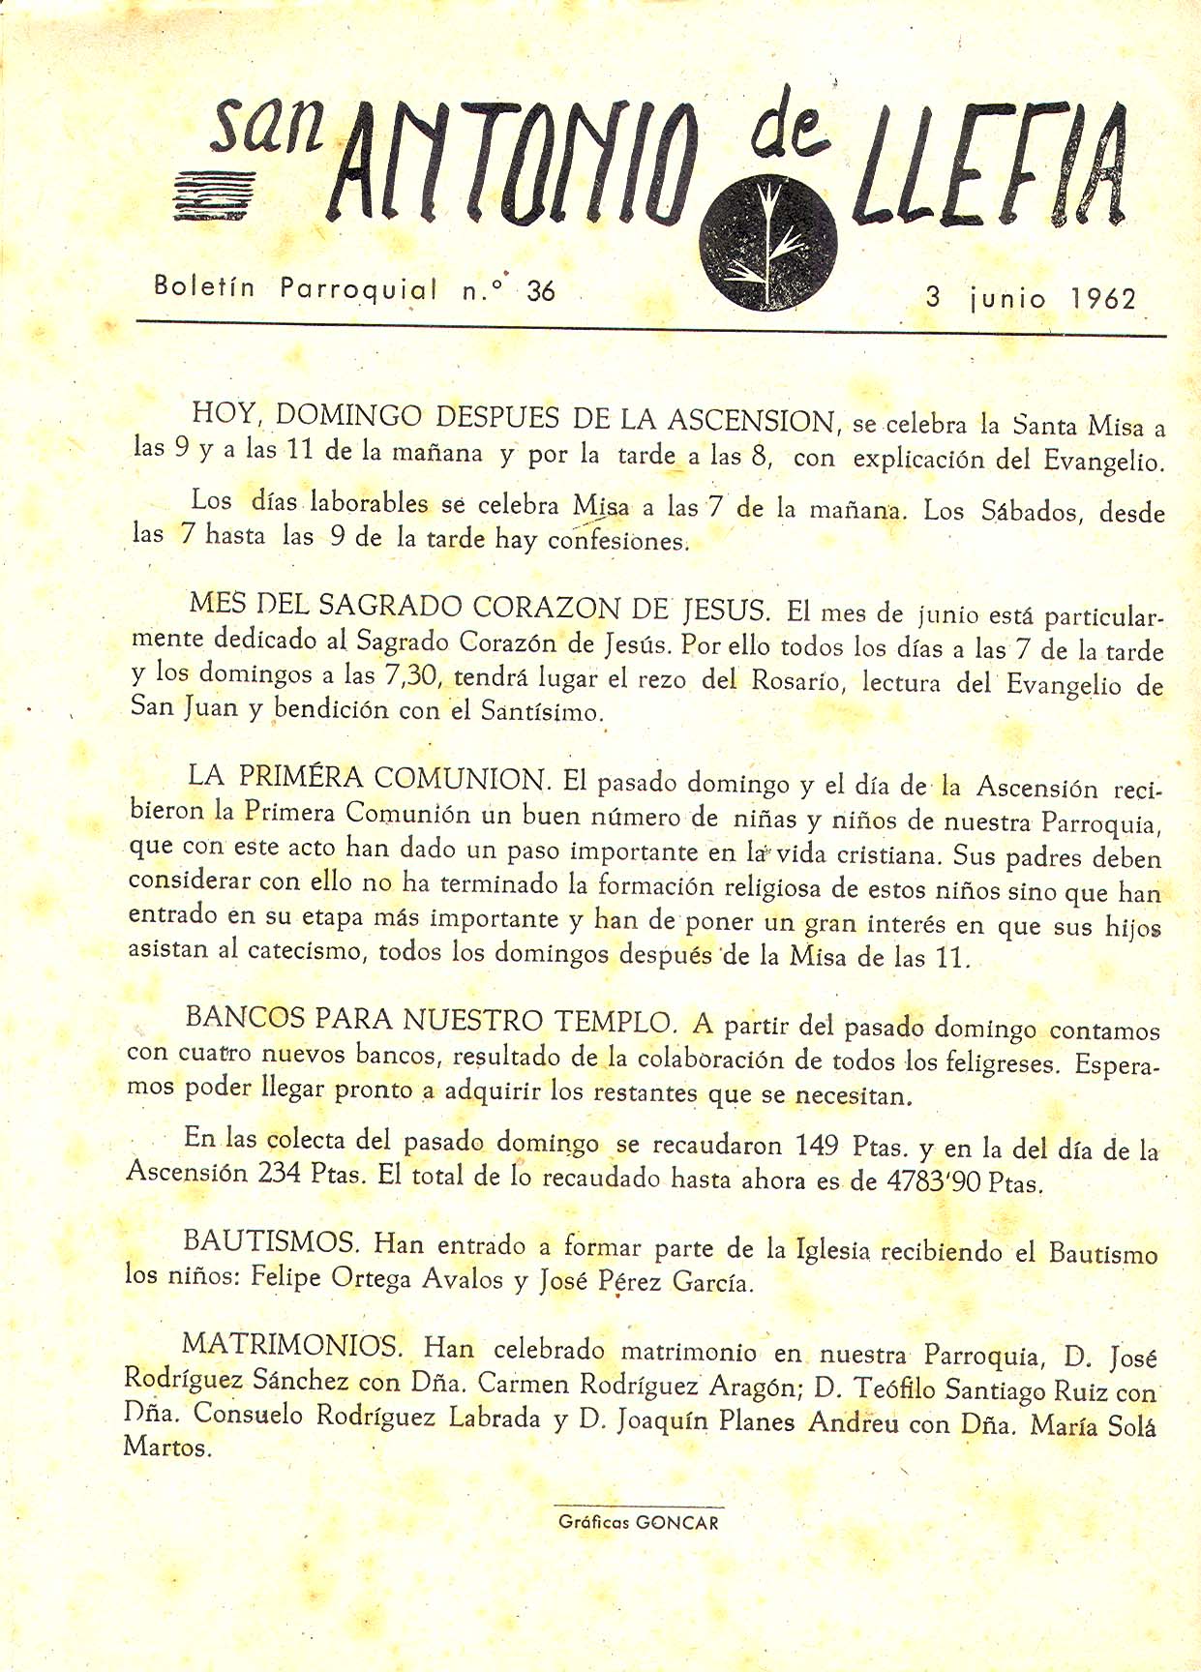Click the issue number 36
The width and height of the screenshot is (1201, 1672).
(x=540, y=290)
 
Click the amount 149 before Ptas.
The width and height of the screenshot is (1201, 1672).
(x=816, y=1146)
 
